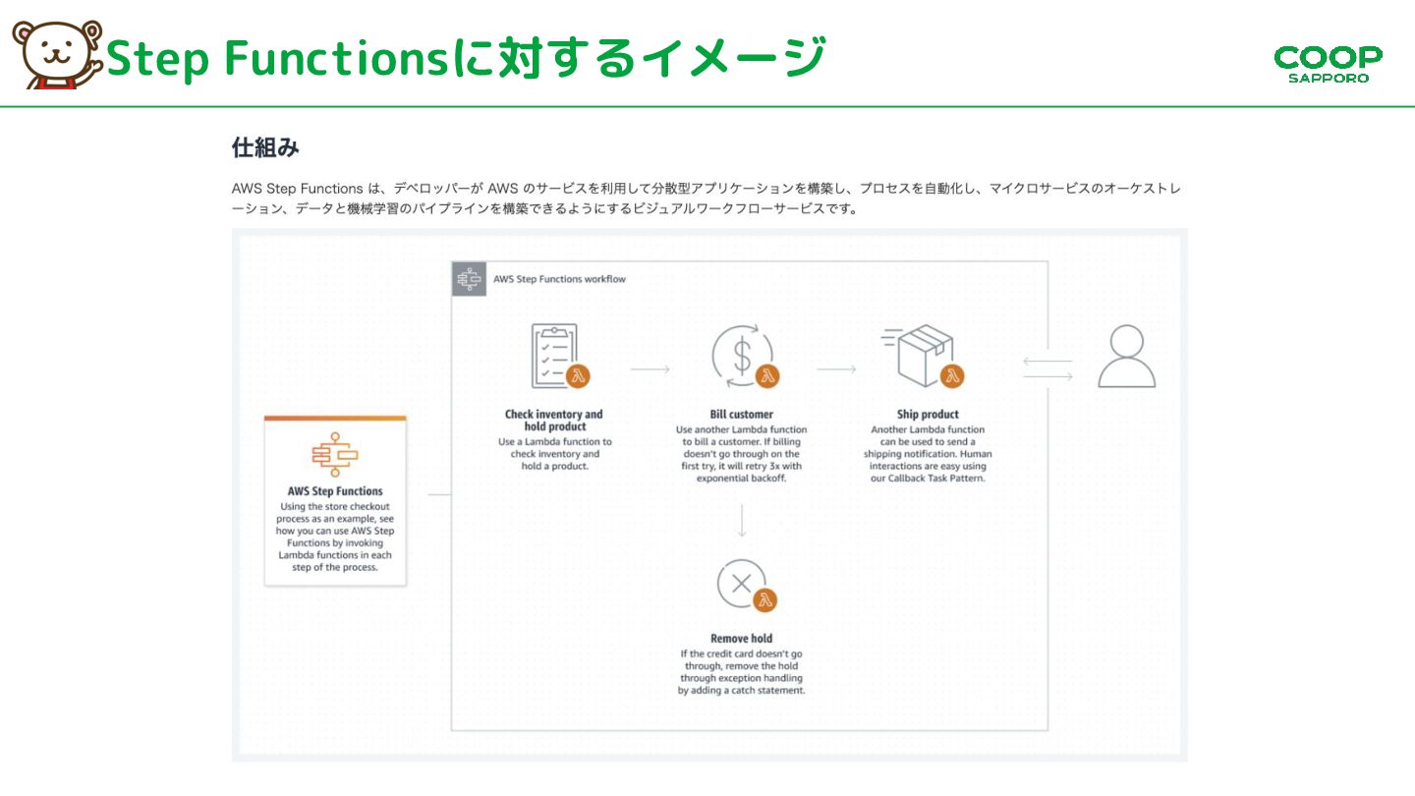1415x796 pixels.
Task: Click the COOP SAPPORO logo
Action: point(1328,63)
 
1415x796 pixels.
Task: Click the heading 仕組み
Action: point(265,148)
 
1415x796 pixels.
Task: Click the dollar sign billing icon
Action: point(742,354)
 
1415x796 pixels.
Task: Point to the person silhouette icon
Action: point(1126,357)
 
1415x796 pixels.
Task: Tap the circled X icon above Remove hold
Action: point(742,584)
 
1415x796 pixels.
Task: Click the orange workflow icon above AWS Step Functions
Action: point(335,453)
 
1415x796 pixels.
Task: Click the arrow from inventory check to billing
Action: point(650,370)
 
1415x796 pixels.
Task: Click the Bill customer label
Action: point(741,415)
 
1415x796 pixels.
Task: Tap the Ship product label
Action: point(928,415)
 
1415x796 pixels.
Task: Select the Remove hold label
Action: point(741,639)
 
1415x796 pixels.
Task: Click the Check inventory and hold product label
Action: point(554,421)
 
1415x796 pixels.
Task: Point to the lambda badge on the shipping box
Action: point(951,375)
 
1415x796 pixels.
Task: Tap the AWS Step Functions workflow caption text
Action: point(557,279)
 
